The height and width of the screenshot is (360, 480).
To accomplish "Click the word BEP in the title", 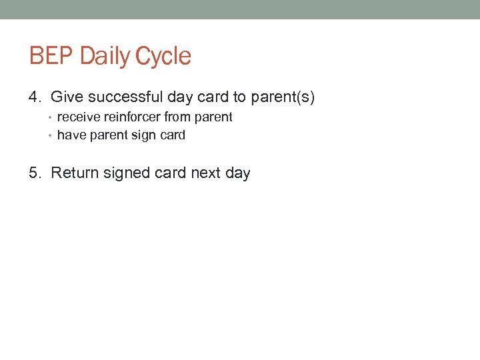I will [51, 56].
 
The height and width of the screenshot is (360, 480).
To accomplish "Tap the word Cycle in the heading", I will [163, 56].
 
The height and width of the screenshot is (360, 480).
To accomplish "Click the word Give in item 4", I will [65, 97].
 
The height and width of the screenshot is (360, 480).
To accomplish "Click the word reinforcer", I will [132, 117].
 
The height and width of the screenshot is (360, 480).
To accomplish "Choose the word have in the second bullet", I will [71, 135].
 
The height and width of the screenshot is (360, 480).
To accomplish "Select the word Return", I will [73, 173].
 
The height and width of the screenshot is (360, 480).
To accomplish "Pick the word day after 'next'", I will [237, 173].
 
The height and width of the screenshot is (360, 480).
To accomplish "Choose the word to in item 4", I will [239, 97].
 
